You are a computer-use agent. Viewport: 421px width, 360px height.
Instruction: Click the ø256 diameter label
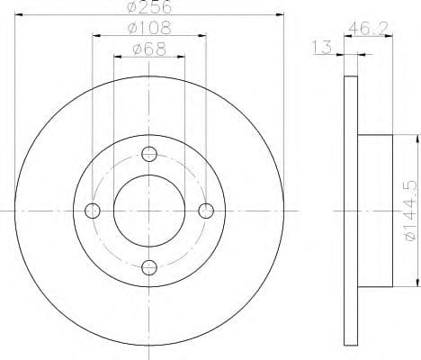[x=149, y=7]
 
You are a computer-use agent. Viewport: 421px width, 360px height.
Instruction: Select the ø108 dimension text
[x=149, y=29]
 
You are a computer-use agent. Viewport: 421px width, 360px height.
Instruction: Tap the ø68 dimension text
[x=149, y=49]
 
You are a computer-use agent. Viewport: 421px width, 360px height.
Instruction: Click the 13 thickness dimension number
[x=321, y=48]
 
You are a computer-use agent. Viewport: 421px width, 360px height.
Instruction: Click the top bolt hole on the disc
[x=149, y=154]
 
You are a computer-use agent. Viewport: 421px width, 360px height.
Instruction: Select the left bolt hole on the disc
[x=92, y=211]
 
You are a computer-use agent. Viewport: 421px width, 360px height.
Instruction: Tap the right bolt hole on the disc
[x=206, y=211]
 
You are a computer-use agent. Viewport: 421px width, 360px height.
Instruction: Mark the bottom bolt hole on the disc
[x=149, y=267]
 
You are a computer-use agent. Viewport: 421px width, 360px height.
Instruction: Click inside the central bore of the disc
[x=149, y=211]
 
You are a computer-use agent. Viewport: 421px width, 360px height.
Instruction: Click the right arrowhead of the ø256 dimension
[x=280, y=16]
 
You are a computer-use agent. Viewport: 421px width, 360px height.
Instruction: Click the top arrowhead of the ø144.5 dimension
[x=416, y=139]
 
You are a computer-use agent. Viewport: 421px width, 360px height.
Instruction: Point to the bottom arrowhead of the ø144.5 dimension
[x=416, y=282]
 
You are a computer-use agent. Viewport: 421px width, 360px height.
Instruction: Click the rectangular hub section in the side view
[x=375, y=211]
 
